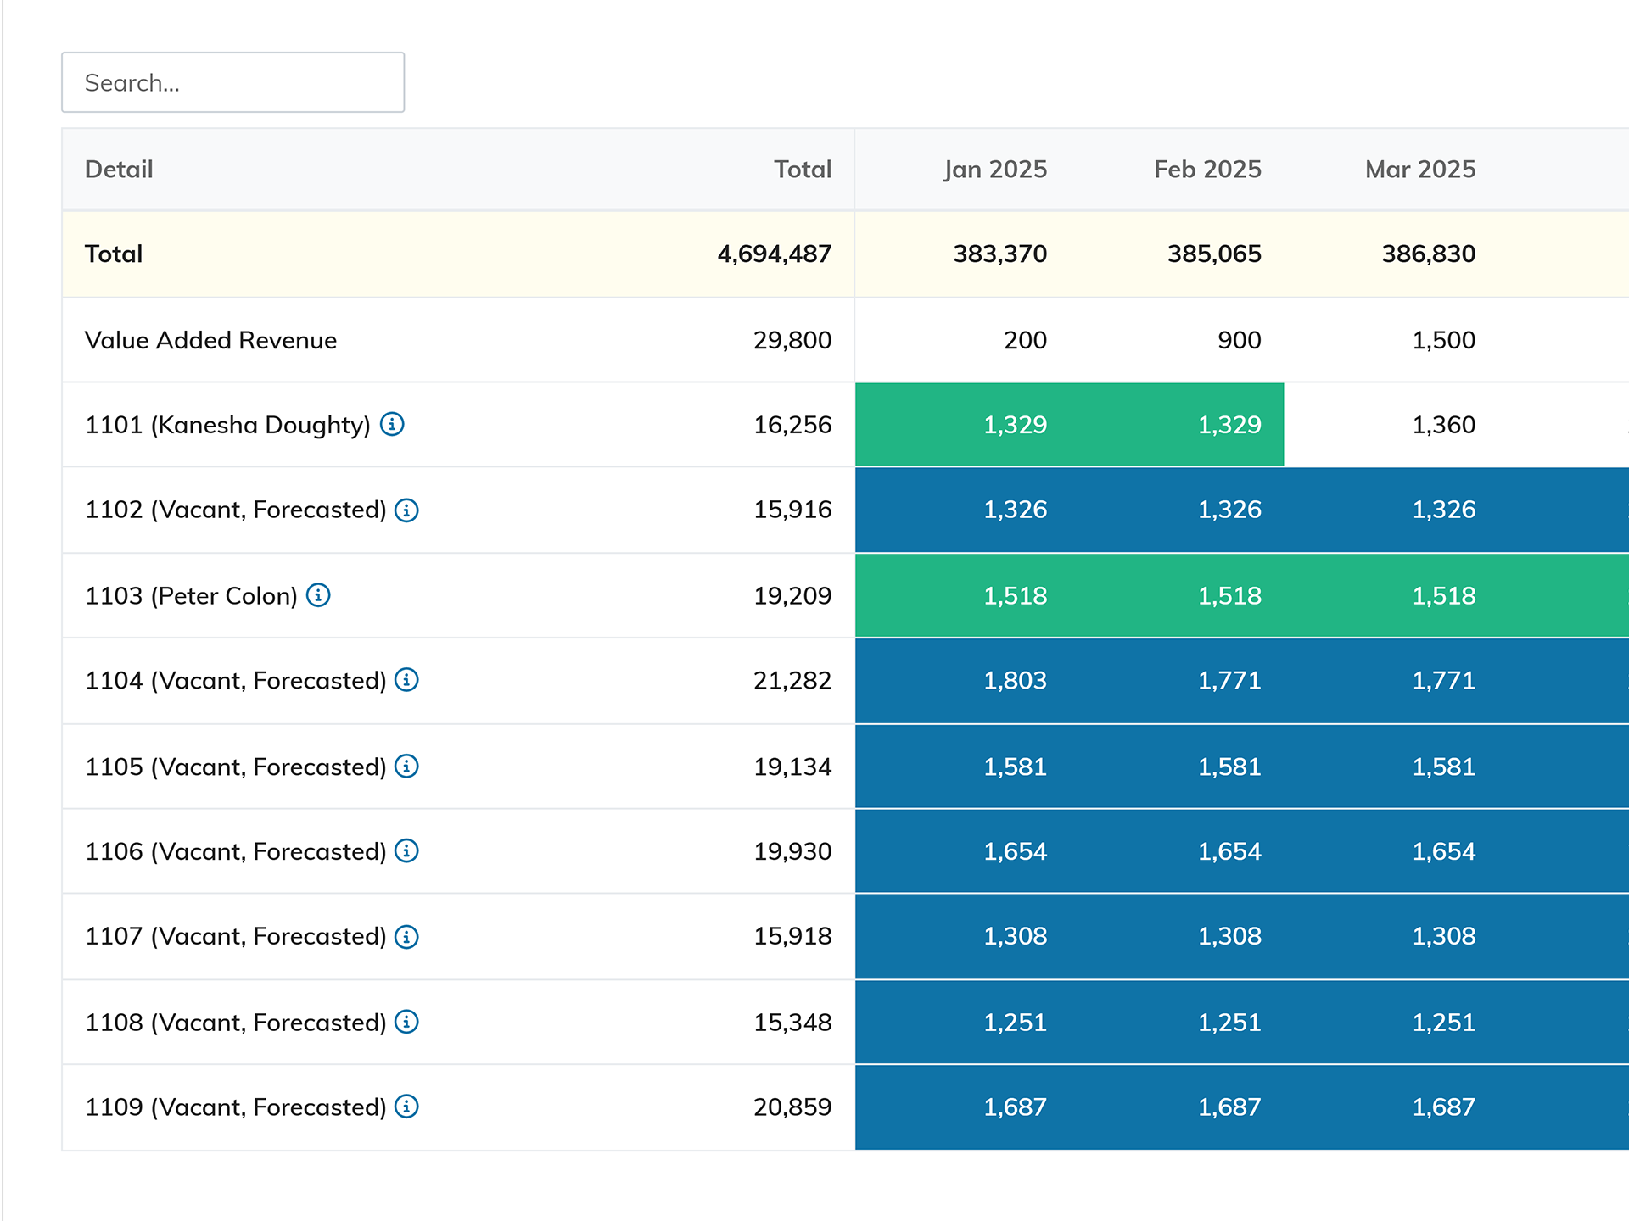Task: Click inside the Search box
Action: (232, 82)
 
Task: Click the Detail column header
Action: (119, 170)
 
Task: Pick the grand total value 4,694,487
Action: (774, 254)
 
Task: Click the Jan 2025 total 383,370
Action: (999, 254)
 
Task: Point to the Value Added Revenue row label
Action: (210, 340)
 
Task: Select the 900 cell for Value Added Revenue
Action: (1239, 340)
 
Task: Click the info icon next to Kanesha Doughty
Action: (392, 424)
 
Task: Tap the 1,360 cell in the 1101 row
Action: (1443, 425)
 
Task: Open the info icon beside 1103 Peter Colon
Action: (318, 595)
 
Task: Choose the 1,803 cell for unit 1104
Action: (1015, 681)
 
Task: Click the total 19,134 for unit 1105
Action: (792, 767)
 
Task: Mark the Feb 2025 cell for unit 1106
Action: (1229, 851)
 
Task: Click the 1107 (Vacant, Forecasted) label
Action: (235, 936)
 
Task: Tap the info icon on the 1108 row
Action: (407, 1022)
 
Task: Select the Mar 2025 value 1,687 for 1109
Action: (1443, 1107)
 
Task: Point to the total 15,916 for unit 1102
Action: (792, 510)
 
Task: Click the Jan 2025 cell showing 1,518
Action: (1015, 596)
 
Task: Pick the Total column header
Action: (802, 170)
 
